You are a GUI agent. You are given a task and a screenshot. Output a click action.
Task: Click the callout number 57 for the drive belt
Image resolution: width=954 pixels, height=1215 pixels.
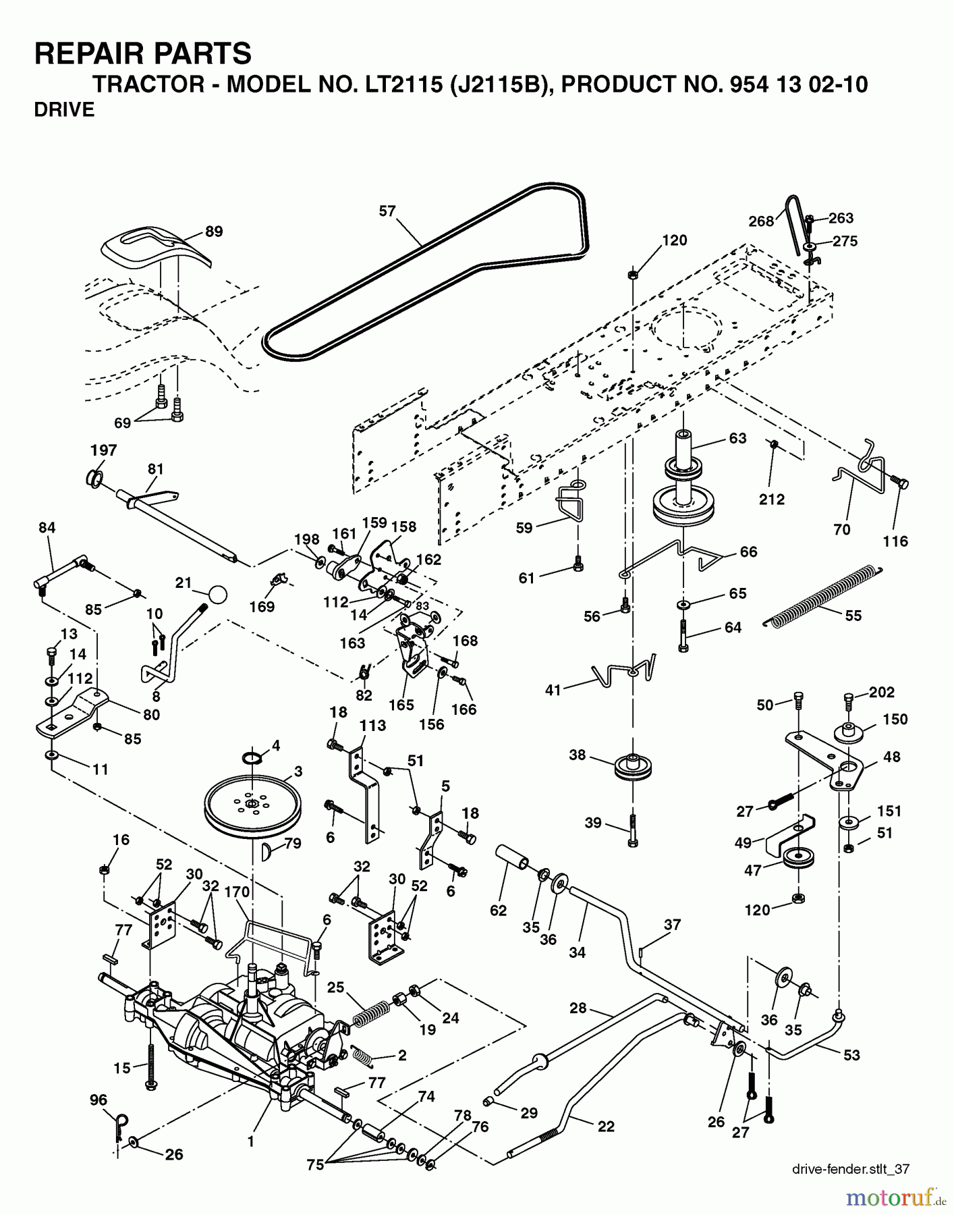click(387, 211)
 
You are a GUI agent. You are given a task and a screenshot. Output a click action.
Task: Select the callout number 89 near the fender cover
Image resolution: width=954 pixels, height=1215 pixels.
click(214, 232)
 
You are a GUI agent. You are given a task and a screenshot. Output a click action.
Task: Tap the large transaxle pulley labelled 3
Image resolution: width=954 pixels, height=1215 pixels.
click(251, 805)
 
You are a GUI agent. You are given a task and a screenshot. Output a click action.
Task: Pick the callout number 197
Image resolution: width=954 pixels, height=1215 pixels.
click(104, 450)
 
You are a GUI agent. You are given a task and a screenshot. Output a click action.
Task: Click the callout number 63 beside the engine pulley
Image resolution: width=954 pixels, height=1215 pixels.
click(737, 438)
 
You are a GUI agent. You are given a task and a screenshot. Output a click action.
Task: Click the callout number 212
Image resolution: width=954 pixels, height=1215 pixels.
click(772, 499)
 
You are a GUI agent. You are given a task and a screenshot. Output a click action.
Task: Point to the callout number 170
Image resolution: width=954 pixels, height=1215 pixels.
click(237, 892)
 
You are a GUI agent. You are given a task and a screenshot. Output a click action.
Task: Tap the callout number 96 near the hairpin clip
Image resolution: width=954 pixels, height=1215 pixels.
click(99, 1100)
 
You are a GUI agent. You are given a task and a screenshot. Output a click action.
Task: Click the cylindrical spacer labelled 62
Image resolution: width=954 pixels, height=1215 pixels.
click(514, 861)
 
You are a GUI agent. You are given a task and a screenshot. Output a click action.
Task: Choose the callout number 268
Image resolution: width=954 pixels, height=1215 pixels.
click(761, 221)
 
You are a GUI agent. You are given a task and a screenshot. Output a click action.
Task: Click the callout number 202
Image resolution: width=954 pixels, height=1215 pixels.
click(882, 692)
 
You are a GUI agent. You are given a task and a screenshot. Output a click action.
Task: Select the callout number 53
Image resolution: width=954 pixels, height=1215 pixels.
click(851, 1054)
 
